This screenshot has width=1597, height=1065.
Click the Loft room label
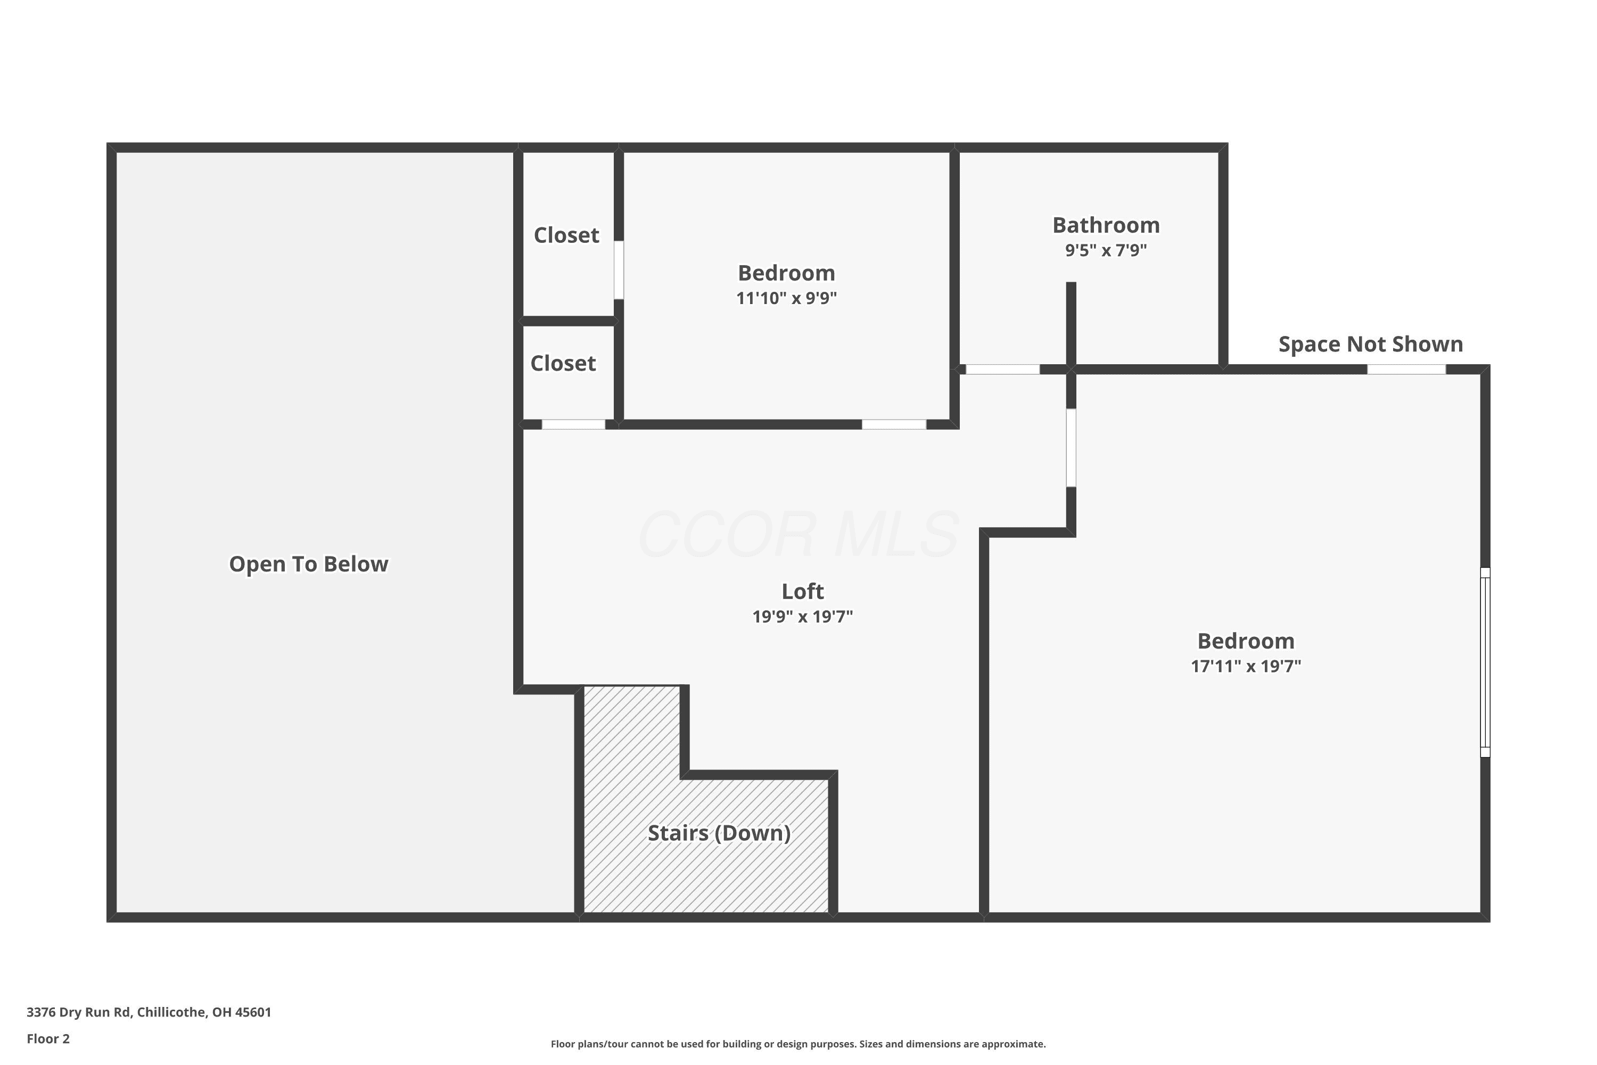pyautogui.click(x=803, y=591)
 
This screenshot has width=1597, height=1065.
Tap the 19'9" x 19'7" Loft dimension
pyautogui.click(x=803, y=617)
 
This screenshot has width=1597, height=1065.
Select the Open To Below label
pyautogui.click(x=309, y=564)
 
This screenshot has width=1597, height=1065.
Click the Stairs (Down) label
pyautogui.click(x=719, y=833)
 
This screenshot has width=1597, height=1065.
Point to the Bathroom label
pyautogui.click(x=1106, y=225)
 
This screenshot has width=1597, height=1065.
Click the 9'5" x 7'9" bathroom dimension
pyautogui.click(x=1106, y=250)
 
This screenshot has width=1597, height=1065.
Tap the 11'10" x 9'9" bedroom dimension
pyautogui.click(x=786, y=298)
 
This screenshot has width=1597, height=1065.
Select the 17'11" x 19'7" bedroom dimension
pyautogui.click(x=1246, y=666)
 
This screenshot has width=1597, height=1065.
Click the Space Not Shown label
pyautogui.click(x=1371, y=345)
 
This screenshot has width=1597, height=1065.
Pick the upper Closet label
pyautogui.click(x=566, y=235)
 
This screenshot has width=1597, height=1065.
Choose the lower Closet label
pyautogui.click(x=563, y=363)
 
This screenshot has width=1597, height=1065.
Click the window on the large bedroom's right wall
pyautogui.click(x=1485, y=662)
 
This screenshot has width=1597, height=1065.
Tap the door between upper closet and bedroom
pyautogui.click(x=619, y=269)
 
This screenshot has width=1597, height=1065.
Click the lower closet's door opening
pyautogui.click(x=573, y=424)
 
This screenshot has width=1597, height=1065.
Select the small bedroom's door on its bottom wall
pyautogui.click(x=894, y=424)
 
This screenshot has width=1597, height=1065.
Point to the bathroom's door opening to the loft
pyautogui.click(x=1002, y=370)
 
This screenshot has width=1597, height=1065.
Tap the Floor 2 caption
pyautogui.click(x=48, y=1038)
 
